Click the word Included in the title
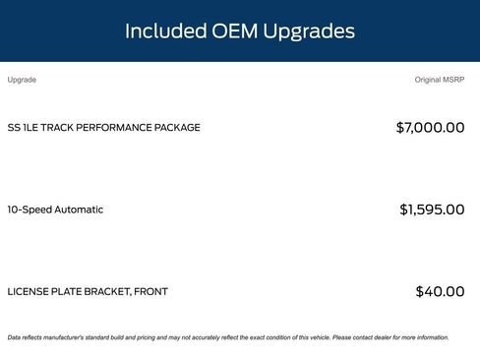165,31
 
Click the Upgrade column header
22,80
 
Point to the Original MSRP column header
440,80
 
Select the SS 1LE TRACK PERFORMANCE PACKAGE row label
103,128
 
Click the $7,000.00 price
430,128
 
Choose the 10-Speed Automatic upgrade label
55,210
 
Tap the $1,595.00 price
432,210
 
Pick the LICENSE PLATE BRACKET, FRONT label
88,292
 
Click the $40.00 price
440,292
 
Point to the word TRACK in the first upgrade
58,128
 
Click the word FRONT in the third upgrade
150,292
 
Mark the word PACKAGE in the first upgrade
177,128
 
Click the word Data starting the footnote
14,337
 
